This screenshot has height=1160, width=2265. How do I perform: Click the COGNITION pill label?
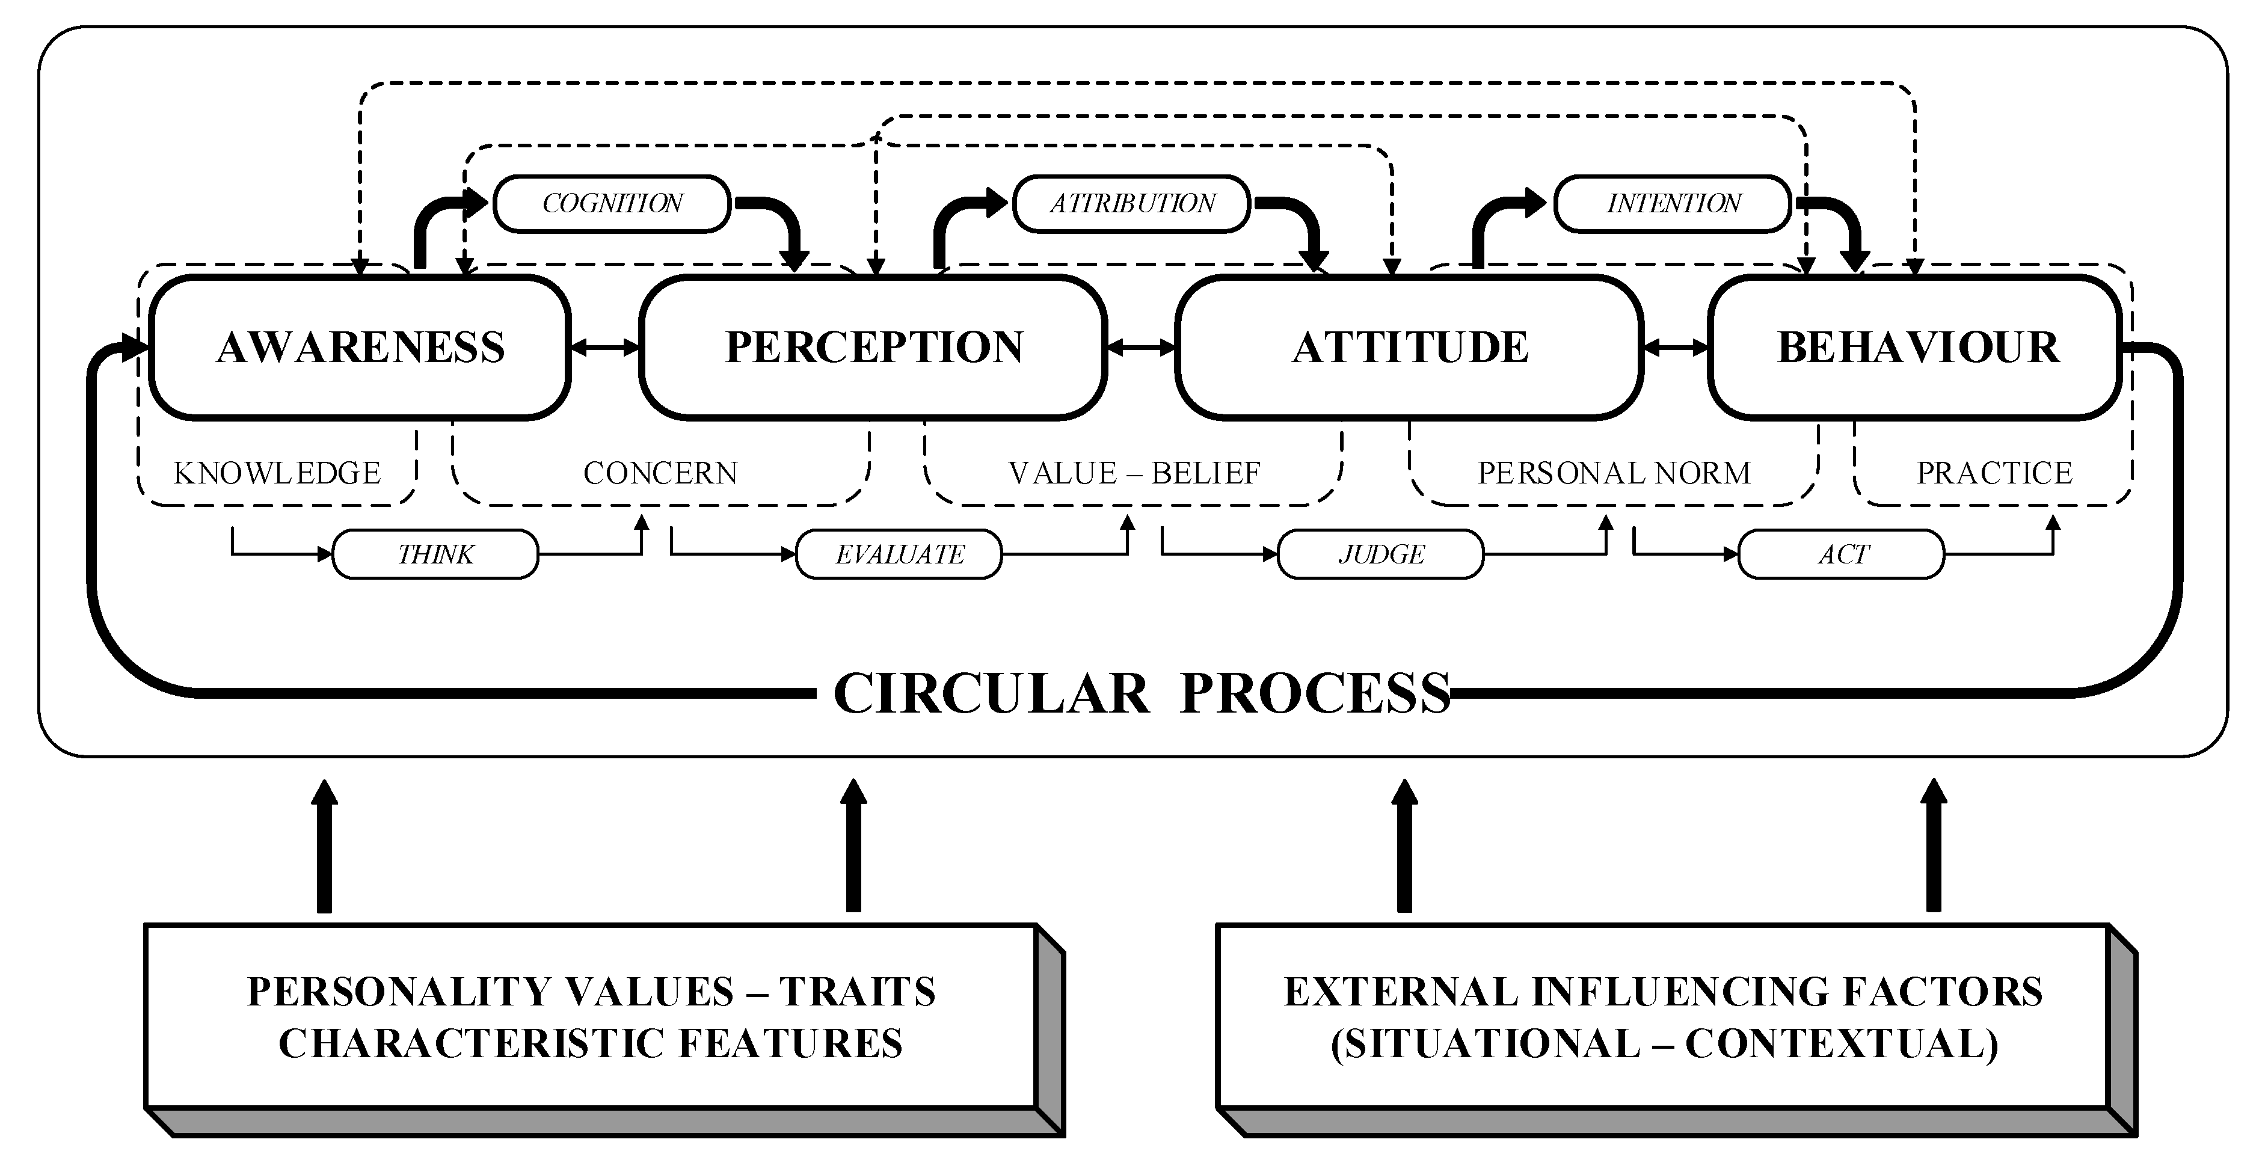click(612, 203)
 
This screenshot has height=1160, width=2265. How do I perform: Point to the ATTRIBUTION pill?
click(1132, 203)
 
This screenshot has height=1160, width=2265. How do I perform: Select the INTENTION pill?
click(1673, 203)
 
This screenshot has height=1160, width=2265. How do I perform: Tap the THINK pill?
click(435, 554)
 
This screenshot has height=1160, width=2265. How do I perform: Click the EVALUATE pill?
click(899, 554)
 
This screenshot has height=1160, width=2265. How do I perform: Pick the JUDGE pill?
click(1380, 554)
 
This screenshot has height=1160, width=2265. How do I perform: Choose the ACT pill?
click(1842, 554)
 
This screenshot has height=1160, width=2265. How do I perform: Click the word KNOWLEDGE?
click(277, 473)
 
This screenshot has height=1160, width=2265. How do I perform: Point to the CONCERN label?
click(660, 473)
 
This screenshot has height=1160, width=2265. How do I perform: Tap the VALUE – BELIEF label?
click(1134, 473)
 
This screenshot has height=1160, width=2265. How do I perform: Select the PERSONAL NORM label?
click(1614, 473)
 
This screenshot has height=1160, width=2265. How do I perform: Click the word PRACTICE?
click(1994, 473)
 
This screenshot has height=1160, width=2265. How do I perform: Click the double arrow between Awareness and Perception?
click(606, 348)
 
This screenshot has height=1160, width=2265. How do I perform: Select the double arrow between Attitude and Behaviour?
click(1676, 348)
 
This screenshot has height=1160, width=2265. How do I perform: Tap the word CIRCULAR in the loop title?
click(991, 693)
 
